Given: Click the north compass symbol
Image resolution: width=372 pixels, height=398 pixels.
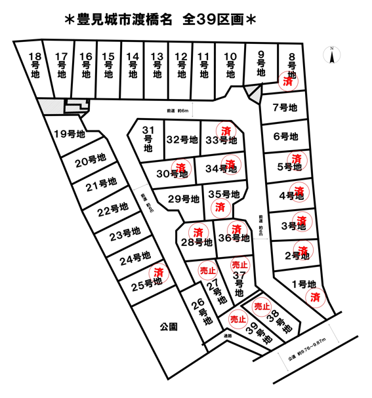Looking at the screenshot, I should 333,55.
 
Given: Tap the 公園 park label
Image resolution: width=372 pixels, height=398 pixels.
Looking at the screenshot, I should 169,326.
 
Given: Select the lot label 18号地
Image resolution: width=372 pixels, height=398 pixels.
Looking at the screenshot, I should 37,66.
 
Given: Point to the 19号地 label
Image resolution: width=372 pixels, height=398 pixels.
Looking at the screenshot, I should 70,134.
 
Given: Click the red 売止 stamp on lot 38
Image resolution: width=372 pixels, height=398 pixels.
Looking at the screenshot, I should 262,306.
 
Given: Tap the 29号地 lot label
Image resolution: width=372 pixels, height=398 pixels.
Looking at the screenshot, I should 184,199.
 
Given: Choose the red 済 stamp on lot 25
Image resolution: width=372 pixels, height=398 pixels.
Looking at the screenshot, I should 157,272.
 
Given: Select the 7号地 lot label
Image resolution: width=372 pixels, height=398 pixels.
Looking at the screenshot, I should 285,108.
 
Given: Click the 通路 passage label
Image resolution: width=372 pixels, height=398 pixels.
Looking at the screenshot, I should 227,337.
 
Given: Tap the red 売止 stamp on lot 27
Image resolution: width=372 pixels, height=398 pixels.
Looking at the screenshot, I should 208,269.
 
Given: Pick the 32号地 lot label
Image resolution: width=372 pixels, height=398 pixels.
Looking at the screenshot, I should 182,140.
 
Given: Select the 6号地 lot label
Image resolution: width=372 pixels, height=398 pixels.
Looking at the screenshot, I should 285,136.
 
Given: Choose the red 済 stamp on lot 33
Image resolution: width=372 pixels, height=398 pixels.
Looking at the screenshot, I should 226,130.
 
